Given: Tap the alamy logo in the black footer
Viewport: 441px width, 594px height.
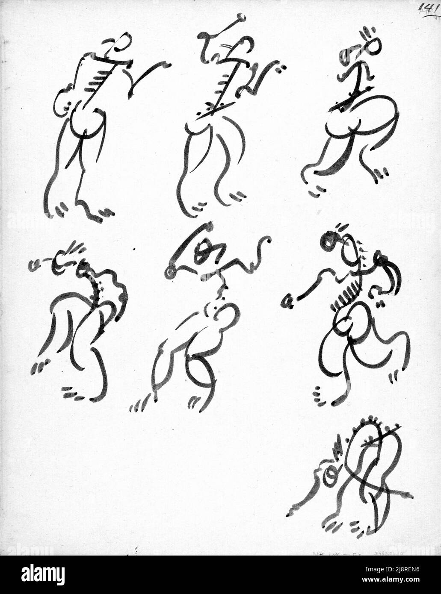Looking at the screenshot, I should pyautogui.click(x=43, y=574).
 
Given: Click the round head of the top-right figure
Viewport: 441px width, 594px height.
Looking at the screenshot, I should pyautogui.click(x=373, y=46).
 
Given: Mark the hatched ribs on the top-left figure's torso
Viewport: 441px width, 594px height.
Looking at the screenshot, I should pyautogui.click(x=96, y=79).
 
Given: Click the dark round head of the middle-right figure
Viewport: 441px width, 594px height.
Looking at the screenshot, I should pyautogui.click(x=329, y=240).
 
